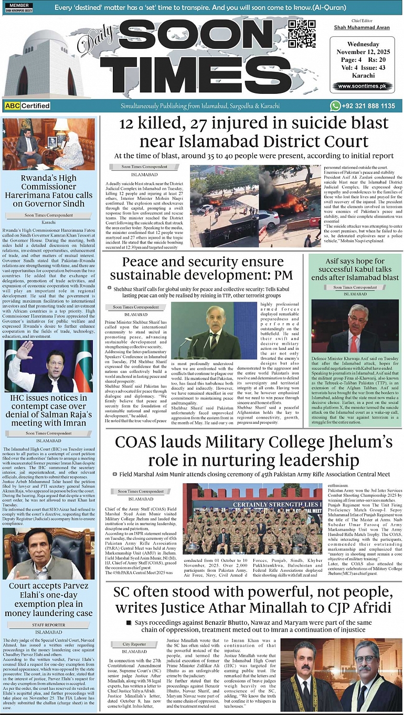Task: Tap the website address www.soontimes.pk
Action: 362,86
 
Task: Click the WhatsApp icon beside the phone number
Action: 335,105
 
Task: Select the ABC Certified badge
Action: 27,106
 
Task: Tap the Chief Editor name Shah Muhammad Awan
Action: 362,28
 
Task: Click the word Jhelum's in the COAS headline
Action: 358,443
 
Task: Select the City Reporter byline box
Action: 134,644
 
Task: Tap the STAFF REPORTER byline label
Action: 49,625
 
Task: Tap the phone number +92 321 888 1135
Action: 369,106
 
